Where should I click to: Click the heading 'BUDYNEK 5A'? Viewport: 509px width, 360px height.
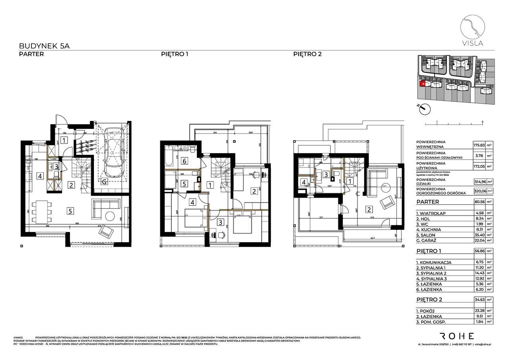(x=44, y=46)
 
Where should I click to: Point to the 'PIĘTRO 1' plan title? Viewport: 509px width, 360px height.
(x=174, y=54)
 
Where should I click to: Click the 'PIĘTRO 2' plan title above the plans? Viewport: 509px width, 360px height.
(x=307, y=54)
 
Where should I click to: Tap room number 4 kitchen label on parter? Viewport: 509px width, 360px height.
(x=40, y=175)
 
